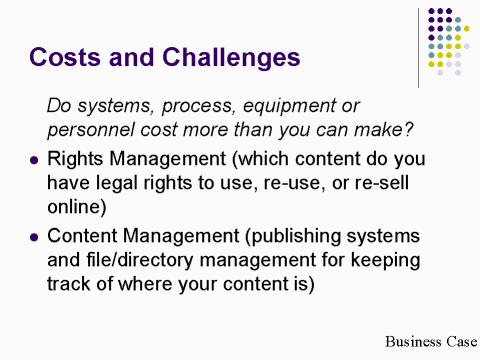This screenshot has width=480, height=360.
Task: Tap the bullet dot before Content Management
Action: (x=35, y=236)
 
